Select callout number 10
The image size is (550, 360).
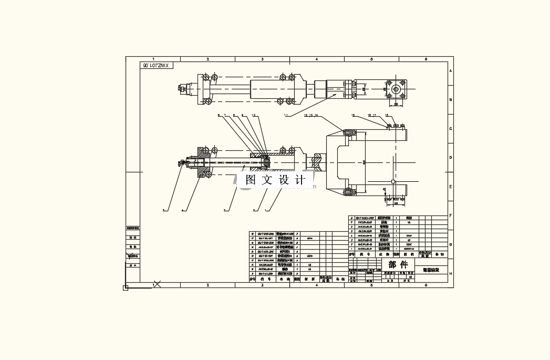point(254,115)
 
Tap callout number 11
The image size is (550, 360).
point(286,115)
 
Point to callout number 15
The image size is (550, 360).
point(353,115)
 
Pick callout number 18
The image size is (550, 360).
point(387,115)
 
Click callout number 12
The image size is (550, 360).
point(306,115)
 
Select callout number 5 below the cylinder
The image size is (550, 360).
point(163,210)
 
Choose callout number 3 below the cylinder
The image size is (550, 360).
point(225,210)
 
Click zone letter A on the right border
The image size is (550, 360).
point(451,71)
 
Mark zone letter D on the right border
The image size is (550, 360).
point(451,157)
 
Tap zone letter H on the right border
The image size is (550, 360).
point(451,273)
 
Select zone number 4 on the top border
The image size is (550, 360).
point(317,59)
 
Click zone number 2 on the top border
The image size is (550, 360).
point(208,59)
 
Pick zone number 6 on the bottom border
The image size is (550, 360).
point(426,285)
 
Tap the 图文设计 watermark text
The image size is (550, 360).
point(275,180)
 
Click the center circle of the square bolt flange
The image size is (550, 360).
point(395,89)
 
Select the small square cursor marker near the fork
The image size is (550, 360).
point(393,181)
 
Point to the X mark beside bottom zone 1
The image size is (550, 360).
point(157,284)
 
